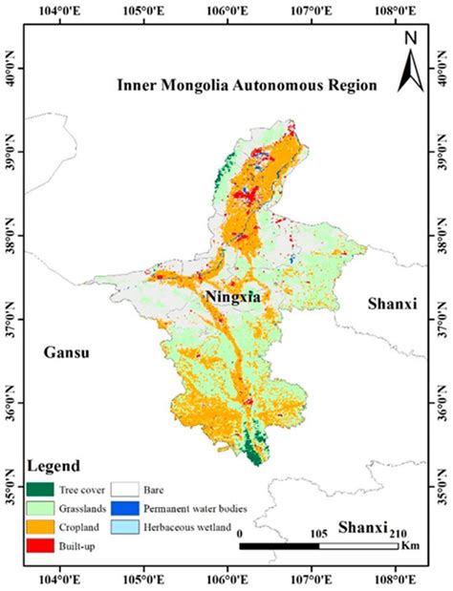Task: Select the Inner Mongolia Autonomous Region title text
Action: point(247,84)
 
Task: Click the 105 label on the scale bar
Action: point(319,533)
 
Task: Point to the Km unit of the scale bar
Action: point(409,545)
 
